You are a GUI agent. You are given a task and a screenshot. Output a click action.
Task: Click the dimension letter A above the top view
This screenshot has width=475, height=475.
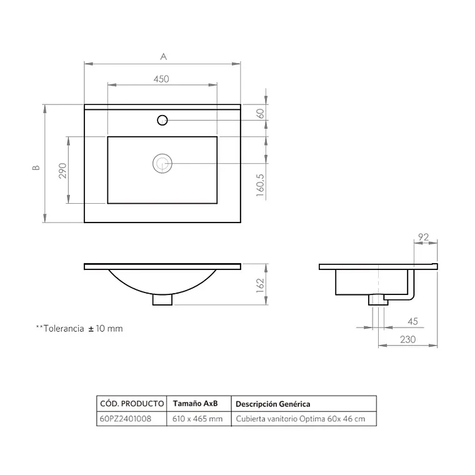coord(163,57)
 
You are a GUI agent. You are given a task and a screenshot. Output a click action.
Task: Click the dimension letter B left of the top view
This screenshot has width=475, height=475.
coord(36,167)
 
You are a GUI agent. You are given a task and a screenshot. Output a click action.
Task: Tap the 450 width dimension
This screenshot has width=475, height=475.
coord(161,79)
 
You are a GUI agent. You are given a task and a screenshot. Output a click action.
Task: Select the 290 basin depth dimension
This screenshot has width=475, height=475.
coord(62,171)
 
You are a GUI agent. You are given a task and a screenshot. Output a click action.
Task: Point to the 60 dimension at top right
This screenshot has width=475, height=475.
coord(260,114)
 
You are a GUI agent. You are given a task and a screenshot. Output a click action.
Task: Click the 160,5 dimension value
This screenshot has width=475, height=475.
coord(260,185)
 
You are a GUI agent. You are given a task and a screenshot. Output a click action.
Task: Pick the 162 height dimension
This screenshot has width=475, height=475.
coord(260,286)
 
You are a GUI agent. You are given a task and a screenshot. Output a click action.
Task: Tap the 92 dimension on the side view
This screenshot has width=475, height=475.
coord(424,237)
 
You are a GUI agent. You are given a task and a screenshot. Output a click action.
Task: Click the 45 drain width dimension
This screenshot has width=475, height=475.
coord(412,321)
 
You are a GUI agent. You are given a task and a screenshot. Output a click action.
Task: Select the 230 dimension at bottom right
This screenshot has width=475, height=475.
coord(407,339)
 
